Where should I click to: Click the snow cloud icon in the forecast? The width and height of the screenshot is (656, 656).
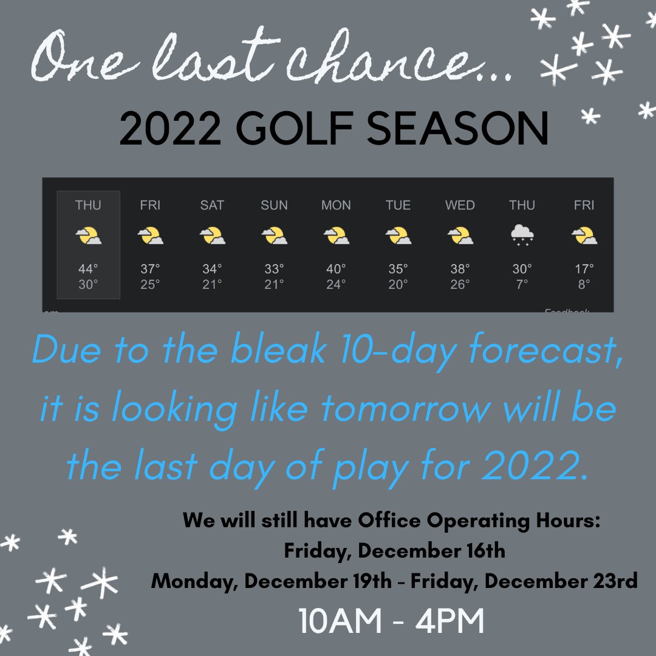coord(522,235)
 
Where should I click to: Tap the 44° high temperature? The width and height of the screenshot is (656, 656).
coord(88,268)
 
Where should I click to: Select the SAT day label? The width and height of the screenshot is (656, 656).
coord(211,205)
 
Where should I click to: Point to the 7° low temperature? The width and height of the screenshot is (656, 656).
coord(522,284)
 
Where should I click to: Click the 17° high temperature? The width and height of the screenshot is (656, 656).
coord(584,268)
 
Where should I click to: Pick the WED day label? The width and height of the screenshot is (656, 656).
coord(460,205)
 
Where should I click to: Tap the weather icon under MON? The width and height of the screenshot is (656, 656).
coord(336,235)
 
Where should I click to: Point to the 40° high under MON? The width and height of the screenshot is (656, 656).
coord(336,268)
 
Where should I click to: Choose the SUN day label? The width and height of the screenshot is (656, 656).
coord(274,205)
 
